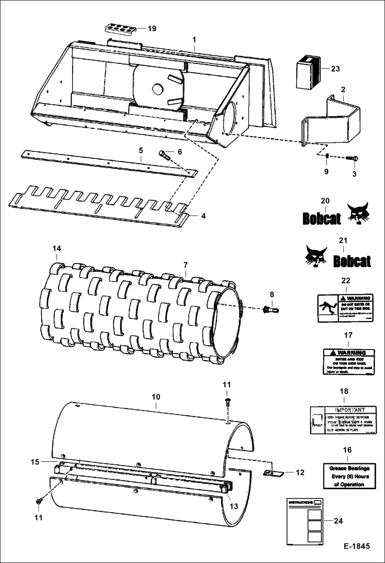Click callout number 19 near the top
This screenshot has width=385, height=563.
pos(152,28)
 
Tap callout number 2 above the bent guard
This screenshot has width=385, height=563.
pos(343,90)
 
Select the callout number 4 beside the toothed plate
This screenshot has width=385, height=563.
pos(203,216)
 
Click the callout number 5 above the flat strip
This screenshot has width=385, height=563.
pos(141,150)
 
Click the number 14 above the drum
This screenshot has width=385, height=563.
pos(57,249)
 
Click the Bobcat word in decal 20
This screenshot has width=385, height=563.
pos(322,219)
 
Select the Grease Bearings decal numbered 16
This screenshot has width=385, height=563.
pos(349,476)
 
